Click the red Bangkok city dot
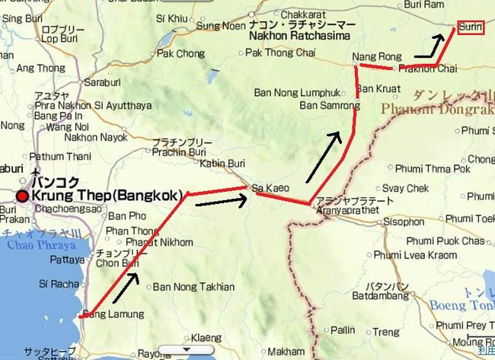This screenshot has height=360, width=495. point(23,196)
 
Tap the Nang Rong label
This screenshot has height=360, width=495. point(372,57)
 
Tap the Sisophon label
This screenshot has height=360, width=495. point(404,222)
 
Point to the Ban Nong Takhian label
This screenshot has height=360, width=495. point(184,287)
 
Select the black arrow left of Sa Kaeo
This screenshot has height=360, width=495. point(229,200)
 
